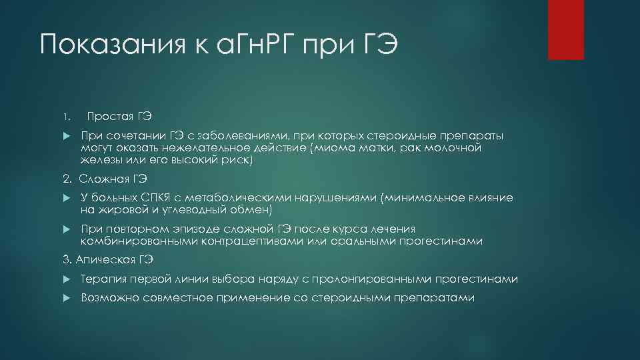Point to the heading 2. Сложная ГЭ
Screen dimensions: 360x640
point(105,179)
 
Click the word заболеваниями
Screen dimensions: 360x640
point(244,136)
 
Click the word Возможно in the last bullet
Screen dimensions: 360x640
point(107,298)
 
